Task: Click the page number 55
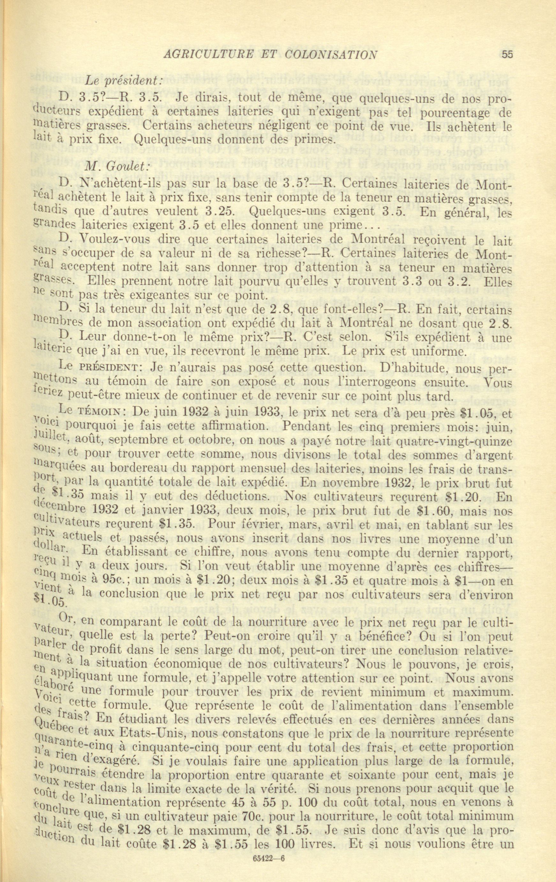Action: coord(507,55)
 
